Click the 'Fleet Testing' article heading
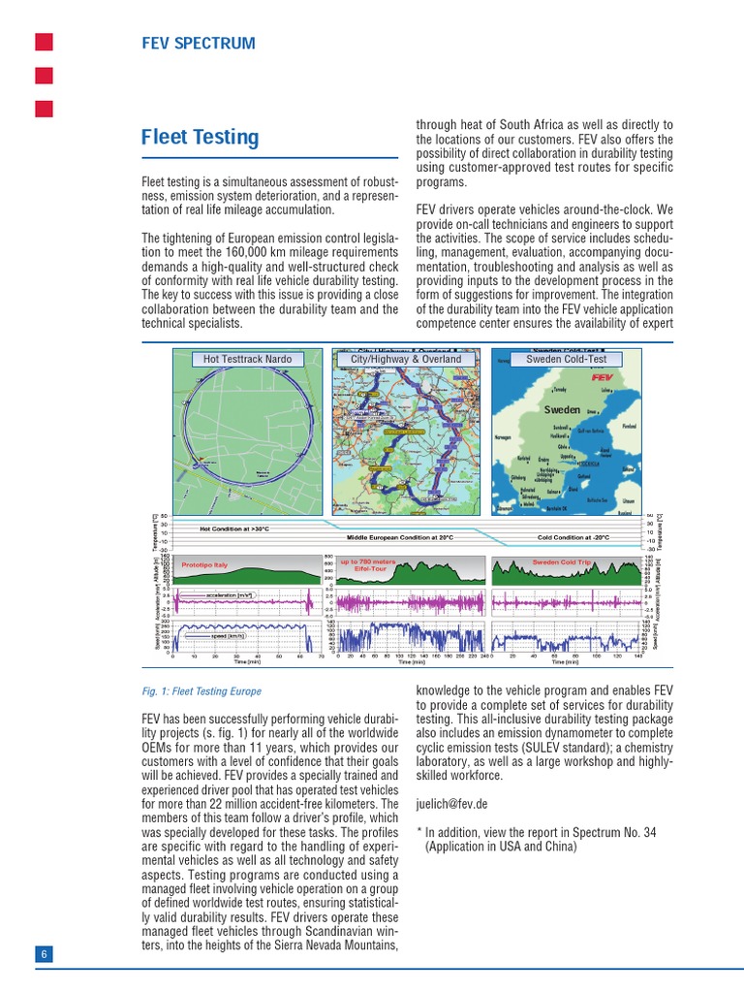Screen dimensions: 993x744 pos(201,138)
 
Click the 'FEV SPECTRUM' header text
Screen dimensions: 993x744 pos(199,43)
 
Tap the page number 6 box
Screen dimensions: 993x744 pos(44,954)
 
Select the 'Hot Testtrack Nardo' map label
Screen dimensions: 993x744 pos(247,359)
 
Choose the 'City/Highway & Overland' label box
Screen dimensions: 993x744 pos(406,359)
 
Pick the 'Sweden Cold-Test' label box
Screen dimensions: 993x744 pos(567,359)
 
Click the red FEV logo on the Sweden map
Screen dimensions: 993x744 pos(601,374)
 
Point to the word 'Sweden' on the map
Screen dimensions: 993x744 pos(561,410)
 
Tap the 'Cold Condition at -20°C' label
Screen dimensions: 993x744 pos(573,536)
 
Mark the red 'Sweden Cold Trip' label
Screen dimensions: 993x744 pos(562,561)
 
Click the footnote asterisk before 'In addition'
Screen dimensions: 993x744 pos(419,832)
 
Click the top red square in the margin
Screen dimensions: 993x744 pos(44,42)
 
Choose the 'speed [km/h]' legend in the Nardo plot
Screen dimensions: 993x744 pos(229,636)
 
